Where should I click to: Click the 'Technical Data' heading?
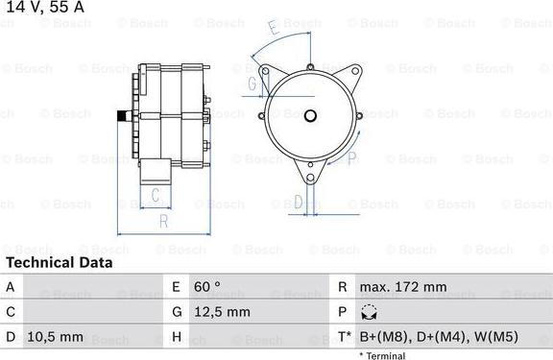59,262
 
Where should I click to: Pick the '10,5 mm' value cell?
56,337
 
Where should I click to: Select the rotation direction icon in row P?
369,312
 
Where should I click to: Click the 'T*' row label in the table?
344,337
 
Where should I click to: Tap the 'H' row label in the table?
177,337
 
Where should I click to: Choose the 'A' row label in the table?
11,287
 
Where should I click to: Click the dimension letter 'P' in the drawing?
352,157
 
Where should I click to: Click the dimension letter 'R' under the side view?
164,222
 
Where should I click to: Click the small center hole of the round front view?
310,116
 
